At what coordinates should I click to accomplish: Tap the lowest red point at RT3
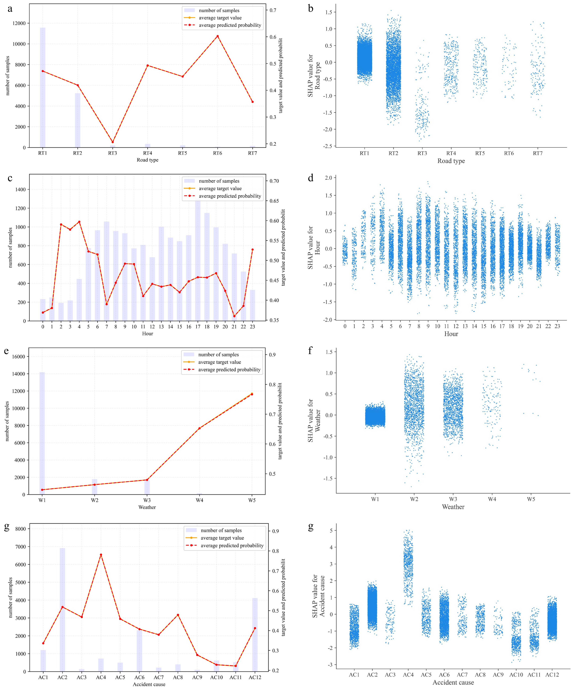(113, 142)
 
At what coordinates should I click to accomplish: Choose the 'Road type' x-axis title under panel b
(451, 161)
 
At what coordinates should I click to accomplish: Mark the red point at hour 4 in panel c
(79, 222)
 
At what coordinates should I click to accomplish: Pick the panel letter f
(310, 351)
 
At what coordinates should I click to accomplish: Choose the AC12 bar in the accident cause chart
(255, 635)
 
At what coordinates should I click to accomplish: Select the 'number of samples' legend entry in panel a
(219, 11)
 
